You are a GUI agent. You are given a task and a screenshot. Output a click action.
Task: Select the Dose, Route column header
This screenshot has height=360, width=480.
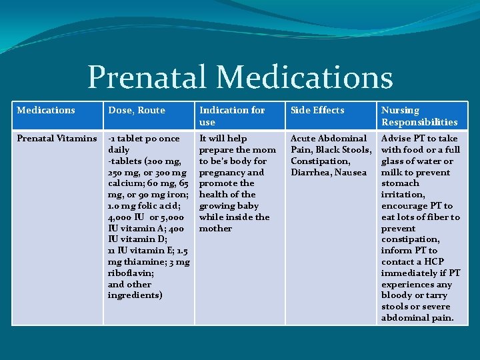point(136,110)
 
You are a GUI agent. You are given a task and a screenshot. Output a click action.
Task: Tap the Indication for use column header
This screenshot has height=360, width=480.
point(232,115)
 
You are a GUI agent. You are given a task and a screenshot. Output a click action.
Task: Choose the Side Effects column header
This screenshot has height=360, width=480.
point(317,110)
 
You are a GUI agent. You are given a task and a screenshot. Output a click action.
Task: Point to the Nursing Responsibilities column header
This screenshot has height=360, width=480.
point(419,116)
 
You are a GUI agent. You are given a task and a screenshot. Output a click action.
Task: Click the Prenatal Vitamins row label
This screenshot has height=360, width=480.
point(57,138)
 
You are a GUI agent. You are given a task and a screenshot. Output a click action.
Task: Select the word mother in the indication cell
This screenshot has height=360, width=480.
point(215,228)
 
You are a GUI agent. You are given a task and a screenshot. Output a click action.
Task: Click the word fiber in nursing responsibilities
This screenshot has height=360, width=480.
point(436,217)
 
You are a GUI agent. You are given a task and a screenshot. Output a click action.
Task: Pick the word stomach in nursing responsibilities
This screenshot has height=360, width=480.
point(400,183)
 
